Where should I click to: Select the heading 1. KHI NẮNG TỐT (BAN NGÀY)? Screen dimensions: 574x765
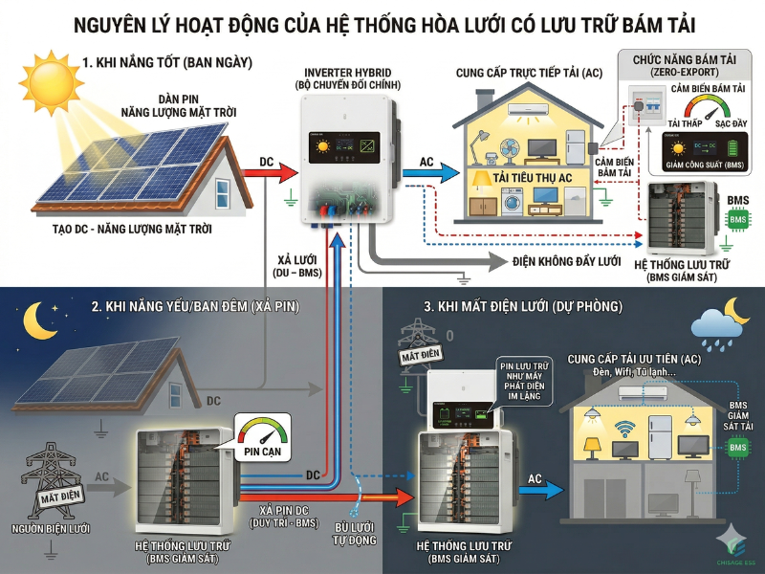[166, 63]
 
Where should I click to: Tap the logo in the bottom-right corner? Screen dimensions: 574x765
[732, 545]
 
